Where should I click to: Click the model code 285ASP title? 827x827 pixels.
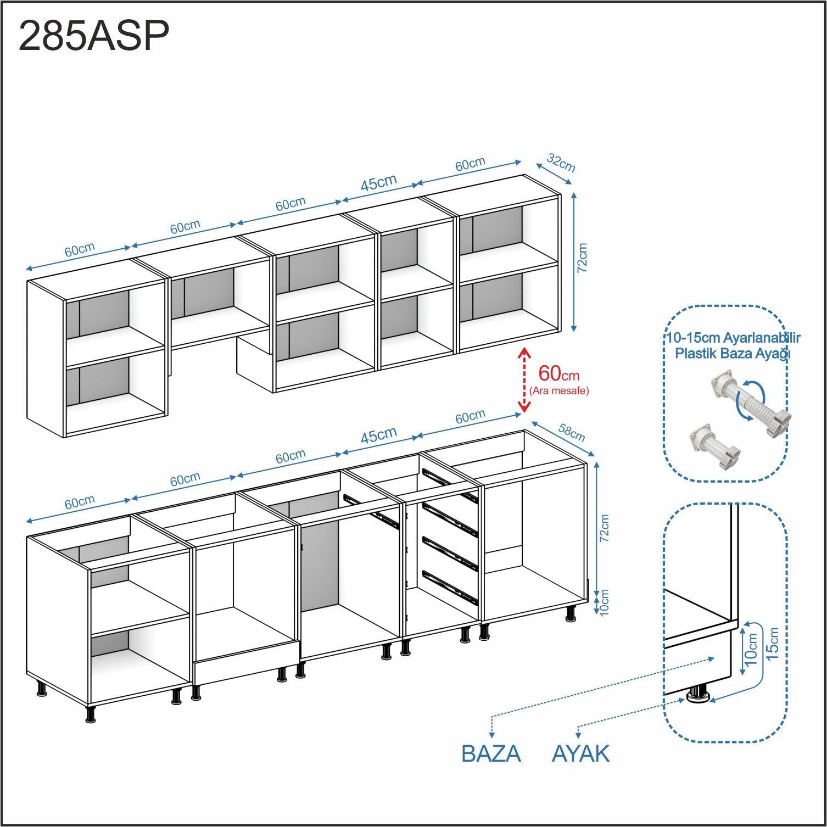pyautogui.click(x=94, y=37)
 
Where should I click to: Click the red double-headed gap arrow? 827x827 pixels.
pyautogui.click(x=524, y=379)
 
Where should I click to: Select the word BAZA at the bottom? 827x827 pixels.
pyautogui.click(x=491, y=753)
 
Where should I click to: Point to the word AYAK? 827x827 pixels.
pyautogui.click(x=580, y=753)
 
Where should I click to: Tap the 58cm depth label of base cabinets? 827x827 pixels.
pyautogui.click(x=572, y=432)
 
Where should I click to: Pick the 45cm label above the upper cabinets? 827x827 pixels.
pyautogui.click(x=378, y=183)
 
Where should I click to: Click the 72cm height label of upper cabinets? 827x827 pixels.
pyautogui.click(x=583, y=258)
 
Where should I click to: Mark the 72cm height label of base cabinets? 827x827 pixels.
pyautogui.click(x=604, y=529)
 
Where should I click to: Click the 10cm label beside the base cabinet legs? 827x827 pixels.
pyautogui.click(x=605, y=602)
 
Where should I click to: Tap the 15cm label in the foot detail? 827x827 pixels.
pyautogui.click(x=773, y=644)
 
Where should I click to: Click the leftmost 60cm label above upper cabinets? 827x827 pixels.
pyautogui.click(x=80, y=249)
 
